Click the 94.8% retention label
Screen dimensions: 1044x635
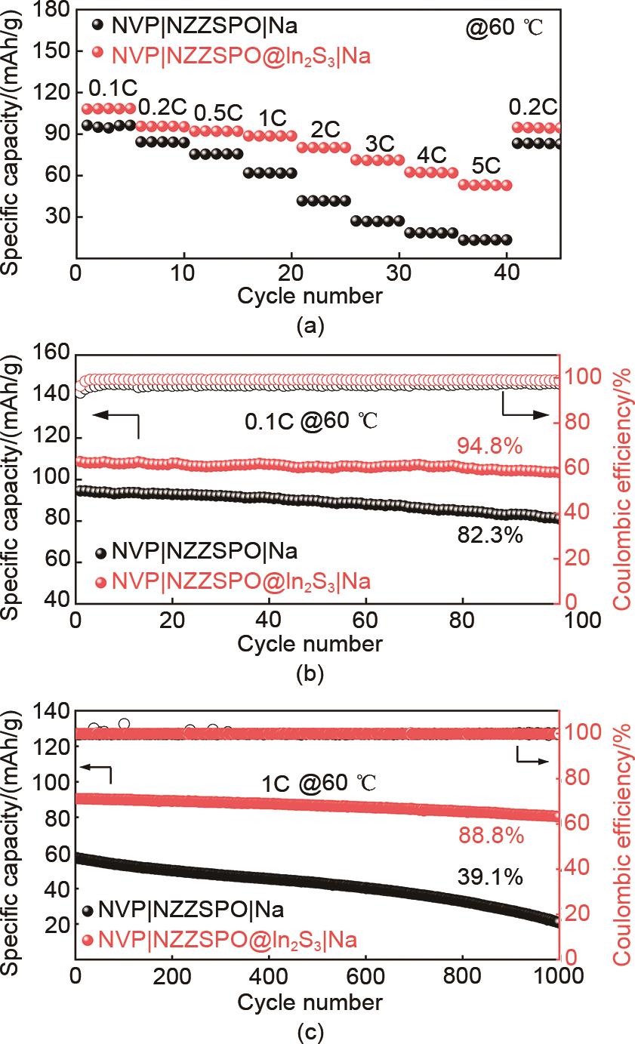click(x=489, y=447)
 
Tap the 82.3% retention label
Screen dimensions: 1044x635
click(x=489, y=535)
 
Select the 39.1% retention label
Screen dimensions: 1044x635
click(x=490, y=876)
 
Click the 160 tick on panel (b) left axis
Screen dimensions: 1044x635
click(x=51, y=353)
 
